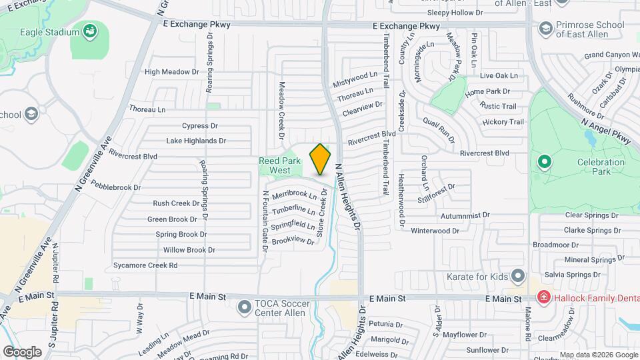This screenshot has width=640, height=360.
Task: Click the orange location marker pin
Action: (x=321, y=159)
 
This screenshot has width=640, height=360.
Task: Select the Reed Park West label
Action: (x=274, y=165)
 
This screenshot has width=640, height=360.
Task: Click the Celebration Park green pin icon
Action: (x=544, y=161)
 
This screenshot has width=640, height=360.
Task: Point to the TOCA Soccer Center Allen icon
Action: (x=245, y=307)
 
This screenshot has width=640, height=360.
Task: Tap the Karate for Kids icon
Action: (x=518, y=276)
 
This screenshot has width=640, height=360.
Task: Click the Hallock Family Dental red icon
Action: (x=544, y=298)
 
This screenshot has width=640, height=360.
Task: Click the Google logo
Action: (x=22, y=352)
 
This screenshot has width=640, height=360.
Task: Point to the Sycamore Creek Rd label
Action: (x=145, y=265)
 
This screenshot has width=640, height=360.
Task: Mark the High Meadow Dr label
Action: (x=172, y=71)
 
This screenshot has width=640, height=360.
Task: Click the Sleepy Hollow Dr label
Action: (x=455, y=13)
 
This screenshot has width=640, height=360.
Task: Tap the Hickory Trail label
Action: (x=503, y=122)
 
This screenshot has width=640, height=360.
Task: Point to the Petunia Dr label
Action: (x=383, y=325)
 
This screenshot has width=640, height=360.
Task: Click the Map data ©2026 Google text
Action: (x=598, y=355)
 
